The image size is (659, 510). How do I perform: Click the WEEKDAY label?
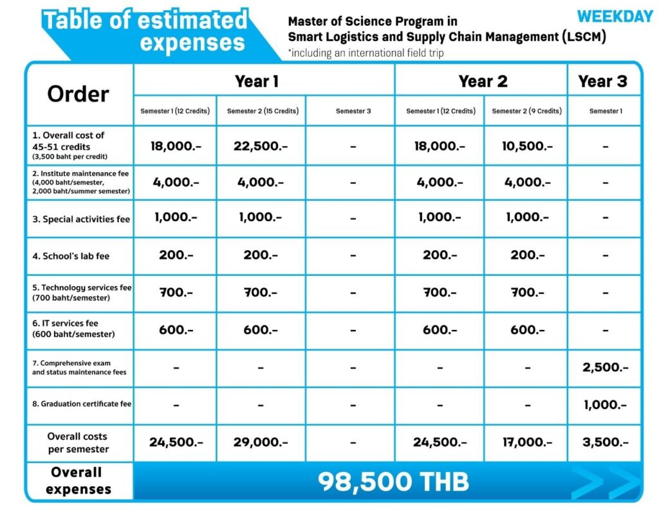click(x=615, y=17)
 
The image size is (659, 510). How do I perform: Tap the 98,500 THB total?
click(x=393, y=482)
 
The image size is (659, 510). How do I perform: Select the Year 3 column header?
click(x=602, y=81)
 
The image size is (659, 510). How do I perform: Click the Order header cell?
click(x=78, y=94)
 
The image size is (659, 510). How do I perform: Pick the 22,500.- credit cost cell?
click(x=261, y=146)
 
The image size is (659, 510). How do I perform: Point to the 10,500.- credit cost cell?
click(x=527, y=146)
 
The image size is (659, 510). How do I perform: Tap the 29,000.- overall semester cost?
click(x=261, y=442)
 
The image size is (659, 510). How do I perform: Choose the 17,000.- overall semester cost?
click(x=527, y=442)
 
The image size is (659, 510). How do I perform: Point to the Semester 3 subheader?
click(x=353, y=111)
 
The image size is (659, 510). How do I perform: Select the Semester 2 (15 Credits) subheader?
click(x=263, y=111)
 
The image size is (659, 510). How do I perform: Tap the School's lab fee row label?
click(x=71, y=256)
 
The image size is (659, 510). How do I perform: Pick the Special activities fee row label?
click(x=81, y=219)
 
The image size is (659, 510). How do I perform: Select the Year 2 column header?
click(x=483, y=81)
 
